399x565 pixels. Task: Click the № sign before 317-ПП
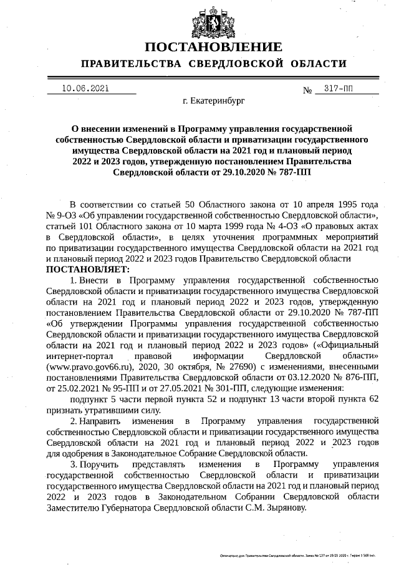coord(307,90)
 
